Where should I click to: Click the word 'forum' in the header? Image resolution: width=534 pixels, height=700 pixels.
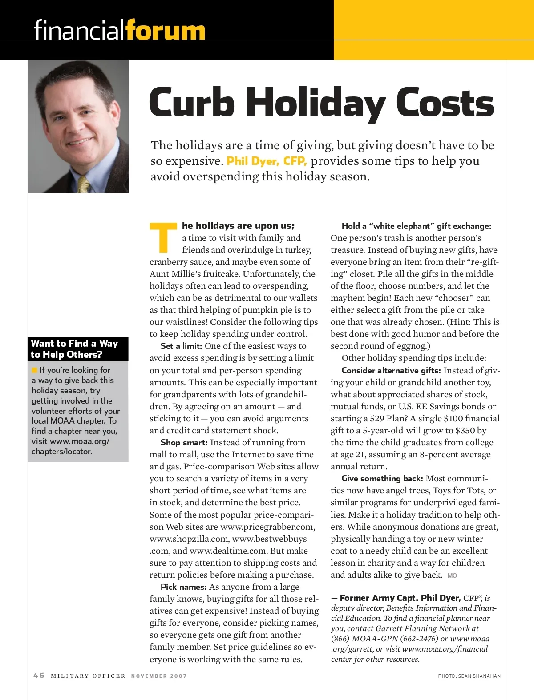pos(165,30)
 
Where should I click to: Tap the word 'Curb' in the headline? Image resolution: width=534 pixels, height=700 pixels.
pos(192,103)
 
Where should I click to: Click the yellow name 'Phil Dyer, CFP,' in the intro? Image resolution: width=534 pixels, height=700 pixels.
pos(267,161)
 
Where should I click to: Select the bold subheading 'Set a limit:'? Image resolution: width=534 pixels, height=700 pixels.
pos(181,346)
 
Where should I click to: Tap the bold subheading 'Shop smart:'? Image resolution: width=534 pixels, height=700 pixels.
pos(184,443)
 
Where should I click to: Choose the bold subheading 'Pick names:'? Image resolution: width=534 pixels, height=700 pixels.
pos(183,587)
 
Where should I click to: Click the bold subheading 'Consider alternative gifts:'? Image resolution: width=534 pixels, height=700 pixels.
pos(391,371)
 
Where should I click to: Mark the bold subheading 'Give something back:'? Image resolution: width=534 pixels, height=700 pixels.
pos(382,479)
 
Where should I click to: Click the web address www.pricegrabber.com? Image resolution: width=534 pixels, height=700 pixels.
pos(267,527)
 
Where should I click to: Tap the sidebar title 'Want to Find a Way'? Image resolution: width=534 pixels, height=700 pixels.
pos(74,344)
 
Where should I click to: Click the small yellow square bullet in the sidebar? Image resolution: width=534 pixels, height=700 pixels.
pos(34,370)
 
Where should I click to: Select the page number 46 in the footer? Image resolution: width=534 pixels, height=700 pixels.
pos(39,676)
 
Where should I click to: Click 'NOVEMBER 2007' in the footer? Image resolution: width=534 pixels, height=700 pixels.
pos(159,676)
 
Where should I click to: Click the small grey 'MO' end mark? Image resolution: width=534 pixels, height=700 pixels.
pos(452,576)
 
